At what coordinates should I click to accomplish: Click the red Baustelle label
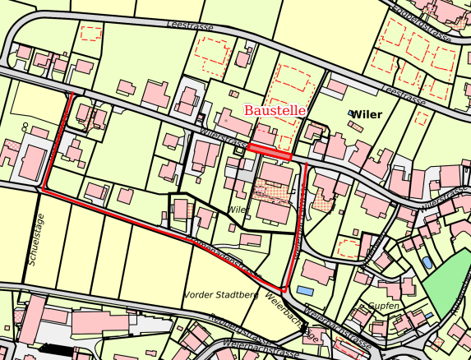[275, 109]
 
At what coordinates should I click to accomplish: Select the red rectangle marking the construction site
[270, 151]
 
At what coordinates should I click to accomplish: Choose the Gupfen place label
[383, 306]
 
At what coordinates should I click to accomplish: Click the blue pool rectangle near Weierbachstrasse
[305, 291]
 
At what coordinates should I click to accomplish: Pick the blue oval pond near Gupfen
[427, 262]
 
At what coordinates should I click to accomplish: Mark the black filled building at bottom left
[50, 348]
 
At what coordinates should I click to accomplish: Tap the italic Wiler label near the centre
[238, 210]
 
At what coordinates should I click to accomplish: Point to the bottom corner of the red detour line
[284, 289]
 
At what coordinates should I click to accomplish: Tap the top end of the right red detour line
[307, 164]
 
